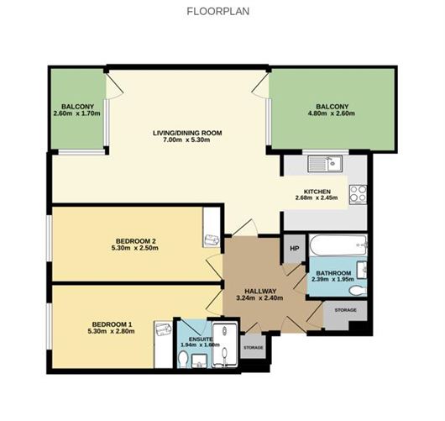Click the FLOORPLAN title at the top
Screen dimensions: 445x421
pos(218,12)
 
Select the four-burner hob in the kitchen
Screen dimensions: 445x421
pos(358,194)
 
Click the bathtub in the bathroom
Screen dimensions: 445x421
pos(338,245)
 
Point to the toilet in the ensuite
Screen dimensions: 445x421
pos(183,359)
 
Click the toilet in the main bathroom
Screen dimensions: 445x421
pos(358,291)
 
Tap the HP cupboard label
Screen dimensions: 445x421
pos(295,249)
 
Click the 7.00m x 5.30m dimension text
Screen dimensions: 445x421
pos(186,139)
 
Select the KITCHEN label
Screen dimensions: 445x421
pos(317,192)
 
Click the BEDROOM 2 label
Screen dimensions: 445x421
pos(135,241)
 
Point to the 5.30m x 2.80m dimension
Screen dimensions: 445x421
pos(111,331)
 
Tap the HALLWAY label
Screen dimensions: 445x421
pos(260,292)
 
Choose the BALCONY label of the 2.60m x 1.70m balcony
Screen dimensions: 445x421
pos(77,107)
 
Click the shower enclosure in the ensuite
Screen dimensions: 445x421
pos(225,345)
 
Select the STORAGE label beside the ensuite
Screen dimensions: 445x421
pos(254,347)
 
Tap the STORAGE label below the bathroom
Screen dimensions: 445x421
pos(345,310)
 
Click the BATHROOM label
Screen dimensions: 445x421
pos(333,273)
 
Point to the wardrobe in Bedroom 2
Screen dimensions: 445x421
pos(212,227)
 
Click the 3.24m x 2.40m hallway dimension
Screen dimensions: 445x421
pos(259,298)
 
